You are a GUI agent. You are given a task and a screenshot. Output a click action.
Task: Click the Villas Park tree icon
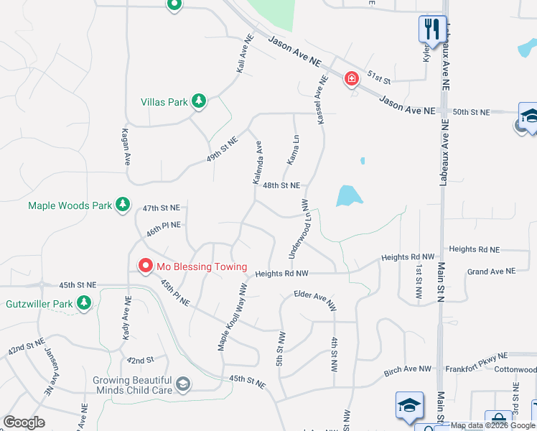200,102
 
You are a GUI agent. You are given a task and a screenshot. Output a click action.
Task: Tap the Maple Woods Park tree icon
123,205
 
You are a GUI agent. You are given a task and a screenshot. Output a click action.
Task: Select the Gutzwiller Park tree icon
85,303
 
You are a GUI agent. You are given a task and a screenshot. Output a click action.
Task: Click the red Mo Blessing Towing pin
145,267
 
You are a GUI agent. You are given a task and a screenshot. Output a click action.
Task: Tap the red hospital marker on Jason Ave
351,78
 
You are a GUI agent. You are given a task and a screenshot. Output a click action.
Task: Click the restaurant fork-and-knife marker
431,30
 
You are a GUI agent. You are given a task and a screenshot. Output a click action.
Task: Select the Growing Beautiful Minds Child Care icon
184,384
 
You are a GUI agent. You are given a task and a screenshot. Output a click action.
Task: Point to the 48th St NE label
281,185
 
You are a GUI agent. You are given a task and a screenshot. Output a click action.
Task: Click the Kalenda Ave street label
258,163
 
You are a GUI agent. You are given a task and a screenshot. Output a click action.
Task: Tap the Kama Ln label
293,149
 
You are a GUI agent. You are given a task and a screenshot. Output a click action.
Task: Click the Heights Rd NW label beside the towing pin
281,274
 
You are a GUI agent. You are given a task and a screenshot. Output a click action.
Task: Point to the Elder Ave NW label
314,300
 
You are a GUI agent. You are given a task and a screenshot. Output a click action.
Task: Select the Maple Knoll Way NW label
233,317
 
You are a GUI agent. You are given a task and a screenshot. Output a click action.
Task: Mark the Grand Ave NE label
491,272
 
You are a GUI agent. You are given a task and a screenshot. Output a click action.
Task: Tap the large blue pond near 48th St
347,195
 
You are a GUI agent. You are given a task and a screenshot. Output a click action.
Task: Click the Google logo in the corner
24,422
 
